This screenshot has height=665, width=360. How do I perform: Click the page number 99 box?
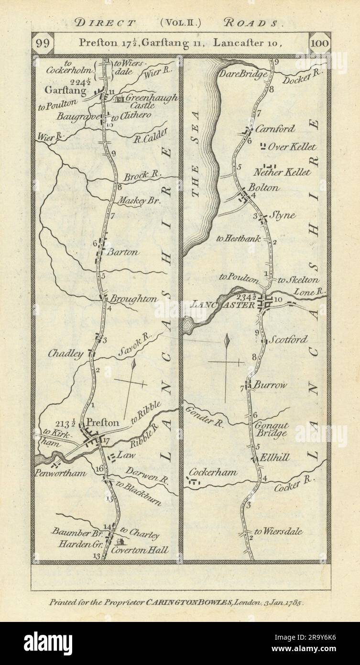point(42,43)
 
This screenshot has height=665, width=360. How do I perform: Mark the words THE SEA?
point(195,180)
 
